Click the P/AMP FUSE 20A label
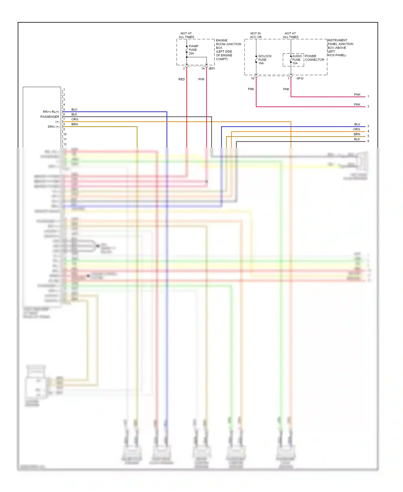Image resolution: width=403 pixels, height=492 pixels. (x=193, y=50)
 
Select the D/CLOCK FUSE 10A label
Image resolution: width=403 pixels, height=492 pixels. (x=264, y=60)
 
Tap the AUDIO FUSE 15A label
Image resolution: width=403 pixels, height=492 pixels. (x=297, y=60)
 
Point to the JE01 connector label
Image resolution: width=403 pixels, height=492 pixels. (x=212, y=69)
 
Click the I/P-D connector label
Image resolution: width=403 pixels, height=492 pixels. (x=300, y=79)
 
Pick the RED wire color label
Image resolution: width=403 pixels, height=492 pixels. (x=182, y=79)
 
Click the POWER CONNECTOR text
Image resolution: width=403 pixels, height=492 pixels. (x=314, y=58)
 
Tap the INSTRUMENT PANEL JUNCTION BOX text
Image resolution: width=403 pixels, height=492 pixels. (x=340, y=48)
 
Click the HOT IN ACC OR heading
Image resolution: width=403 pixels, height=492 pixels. (x=256, y=35)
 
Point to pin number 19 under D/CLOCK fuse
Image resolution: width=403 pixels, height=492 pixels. (x=253, y=79)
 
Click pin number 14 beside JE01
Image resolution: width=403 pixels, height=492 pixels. (x=203, y=69)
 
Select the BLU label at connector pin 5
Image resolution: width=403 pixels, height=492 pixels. (x=74, y=110)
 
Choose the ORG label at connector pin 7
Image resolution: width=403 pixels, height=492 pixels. (x=75, y=119)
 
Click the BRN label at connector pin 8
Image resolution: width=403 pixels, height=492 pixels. (x=75, y=124)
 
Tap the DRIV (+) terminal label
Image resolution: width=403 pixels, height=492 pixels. (x=53, y=127)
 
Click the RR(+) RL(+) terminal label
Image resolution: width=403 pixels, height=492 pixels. (x=51, y=112)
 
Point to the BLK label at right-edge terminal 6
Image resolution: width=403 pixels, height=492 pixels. (x=357, y=139)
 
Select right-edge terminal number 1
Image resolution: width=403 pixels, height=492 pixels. (x=368, y=96)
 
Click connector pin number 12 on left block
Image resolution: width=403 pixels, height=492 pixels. (x=65, y=144)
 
